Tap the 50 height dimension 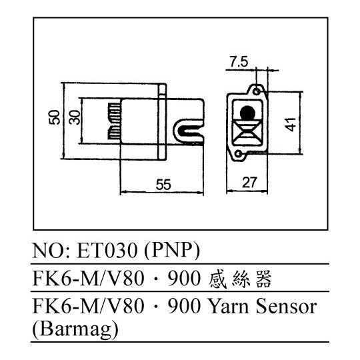coord(55,117)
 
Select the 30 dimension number coord(75,117)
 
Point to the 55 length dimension coord(163,185)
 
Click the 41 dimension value coord(291,125)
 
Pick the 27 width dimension coord(249,183)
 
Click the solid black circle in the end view coord(247,113)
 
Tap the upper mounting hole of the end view coord(257,91)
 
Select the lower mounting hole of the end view coord(239,153)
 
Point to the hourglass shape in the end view coord(247,132)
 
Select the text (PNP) coord(172,250)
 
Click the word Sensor coord(286,306)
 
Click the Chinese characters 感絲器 coord(240,279)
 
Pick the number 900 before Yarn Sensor coord(183,306)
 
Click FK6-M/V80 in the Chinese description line coord(88,278)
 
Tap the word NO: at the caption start coord(53,250)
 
